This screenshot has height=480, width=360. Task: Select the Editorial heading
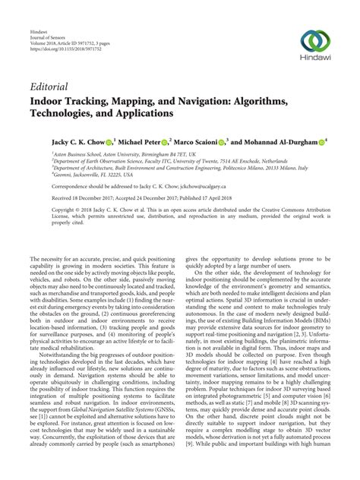click(51, 87)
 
